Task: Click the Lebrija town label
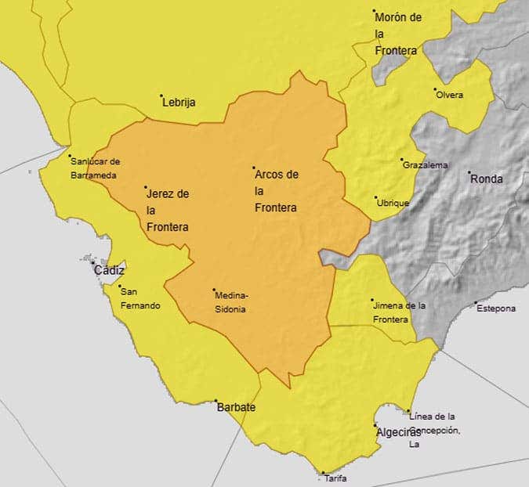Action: tap(179, 103)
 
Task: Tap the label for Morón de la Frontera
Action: tap(398, 34)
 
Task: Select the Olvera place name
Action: tap(450, 96)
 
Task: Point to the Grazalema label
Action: tap(426, 165)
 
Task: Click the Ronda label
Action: tap(487, 179)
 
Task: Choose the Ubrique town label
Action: tap(393, 204)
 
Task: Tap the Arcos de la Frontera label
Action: tap(277, 191)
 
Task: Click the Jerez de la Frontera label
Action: tap(168, 210)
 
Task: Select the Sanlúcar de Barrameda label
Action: tap(95, 168)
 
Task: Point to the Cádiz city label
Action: tap(109, 270)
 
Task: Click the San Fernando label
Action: tap(140, 298)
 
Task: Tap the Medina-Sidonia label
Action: tap(232, 302)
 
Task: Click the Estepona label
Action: tap(496, 308)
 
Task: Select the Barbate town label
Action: tap(237, 408)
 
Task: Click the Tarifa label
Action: tap(335, 478)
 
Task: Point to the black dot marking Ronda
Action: tap(469, 173)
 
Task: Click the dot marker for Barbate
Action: tap(216, 401)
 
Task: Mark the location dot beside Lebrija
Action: tap(161, 96)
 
